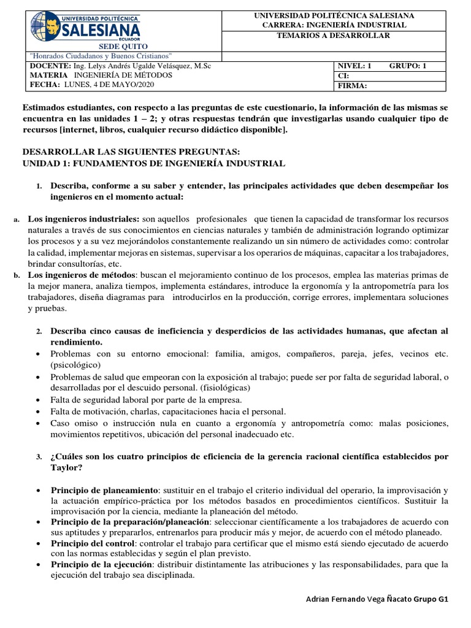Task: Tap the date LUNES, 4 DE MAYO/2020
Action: coord(104,85)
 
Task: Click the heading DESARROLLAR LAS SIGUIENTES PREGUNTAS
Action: coord(132,151)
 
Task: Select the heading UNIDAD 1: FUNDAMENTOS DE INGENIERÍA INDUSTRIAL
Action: coord(154,163)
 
